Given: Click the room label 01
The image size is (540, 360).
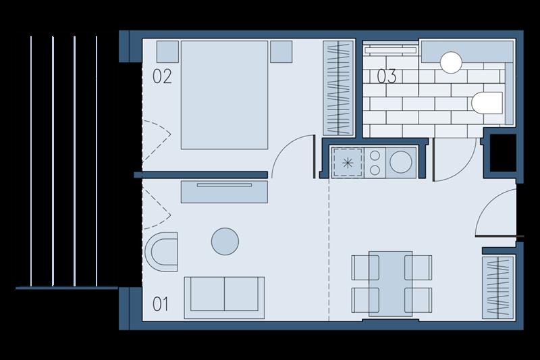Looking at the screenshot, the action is tap(161, 304).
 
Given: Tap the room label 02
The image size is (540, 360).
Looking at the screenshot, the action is tap(162, 76).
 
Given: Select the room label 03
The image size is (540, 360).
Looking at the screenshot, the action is tap(386, 76).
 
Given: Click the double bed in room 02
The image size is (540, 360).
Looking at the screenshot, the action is tap(225, 95).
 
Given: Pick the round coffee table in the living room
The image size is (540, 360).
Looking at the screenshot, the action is tap(225, 241).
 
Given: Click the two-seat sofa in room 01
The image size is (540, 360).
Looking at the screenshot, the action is tap(225, 298).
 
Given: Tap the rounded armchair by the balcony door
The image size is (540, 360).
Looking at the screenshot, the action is tap(161, 252).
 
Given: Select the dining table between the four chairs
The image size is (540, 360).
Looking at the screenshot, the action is tap(391, 284).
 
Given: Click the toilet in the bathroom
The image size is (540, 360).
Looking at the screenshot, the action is tap(487, 103).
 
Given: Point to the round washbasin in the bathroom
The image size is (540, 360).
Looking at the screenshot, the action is tap(451, 62).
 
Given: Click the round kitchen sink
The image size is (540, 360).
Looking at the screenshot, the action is tap(401, 162).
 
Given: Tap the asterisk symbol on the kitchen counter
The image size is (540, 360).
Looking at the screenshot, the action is tap(348, 163).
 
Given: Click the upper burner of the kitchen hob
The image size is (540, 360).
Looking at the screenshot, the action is tap(375, 156).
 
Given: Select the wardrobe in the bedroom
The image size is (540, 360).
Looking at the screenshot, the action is tap(338, 88).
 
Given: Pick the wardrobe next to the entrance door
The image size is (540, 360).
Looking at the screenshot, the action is tap(498, 287).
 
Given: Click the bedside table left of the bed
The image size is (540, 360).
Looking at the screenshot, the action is tap(167, 52).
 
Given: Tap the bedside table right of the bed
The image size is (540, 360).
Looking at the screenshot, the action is tap(281, 52).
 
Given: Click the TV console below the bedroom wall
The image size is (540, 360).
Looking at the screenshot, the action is tap(225, 191).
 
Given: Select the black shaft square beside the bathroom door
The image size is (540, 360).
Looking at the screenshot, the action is tap(503, 153).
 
